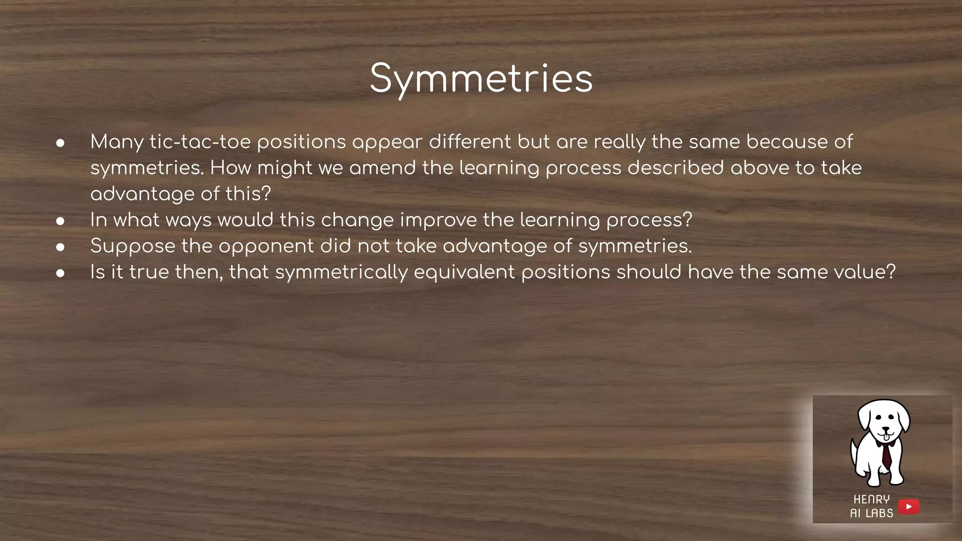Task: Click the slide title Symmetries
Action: [x=481, y=79]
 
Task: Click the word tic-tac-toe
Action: [x=200, y=142]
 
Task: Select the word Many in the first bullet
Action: [x=116, y=142]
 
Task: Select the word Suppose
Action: [x=132, y=246]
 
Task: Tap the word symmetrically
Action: [x=341, y=272]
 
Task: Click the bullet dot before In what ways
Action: [x=60, y=221]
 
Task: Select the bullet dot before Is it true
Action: [x=60, y=273]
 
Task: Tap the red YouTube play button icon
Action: [x=908, y=507]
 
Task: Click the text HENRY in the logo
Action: [x=871, y=499]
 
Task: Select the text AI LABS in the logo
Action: [x=871, y=513]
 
